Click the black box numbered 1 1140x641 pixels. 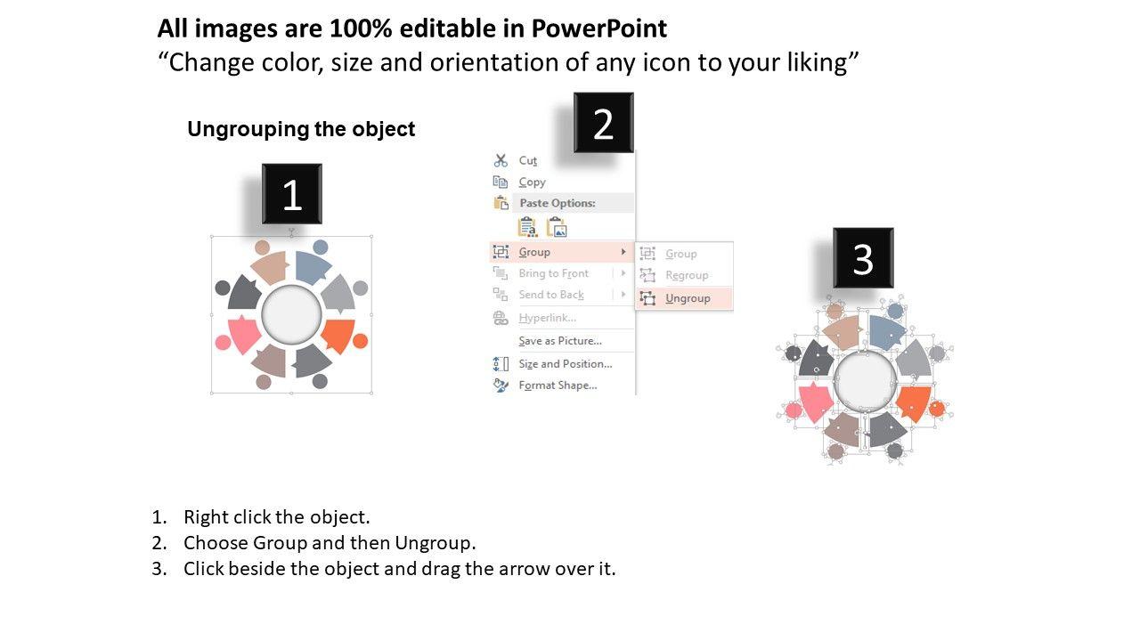pyautogui.click(x=291, y=194)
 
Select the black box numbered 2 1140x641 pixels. pyautogui.click(x=604, y=123)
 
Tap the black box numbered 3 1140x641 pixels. pyautogui.click(x=863, y=258)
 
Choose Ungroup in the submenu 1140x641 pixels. pyautogui.click(x=688, y=298)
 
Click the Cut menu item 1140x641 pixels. pyautogui.click(x=528, y=161)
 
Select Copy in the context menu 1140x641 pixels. pyautogui.click(x=532, y=183)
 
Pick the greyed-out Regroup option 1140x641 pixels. pyautogui.click(x=687, y=275)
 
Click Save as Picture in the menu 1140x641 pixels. pyautogui.click(x=560, y=341)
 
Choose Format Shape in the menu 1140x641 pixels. pyautogui.click(x=558, y=385)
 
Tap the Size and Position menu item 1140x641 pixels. pyautogui.click(x=566, y=364)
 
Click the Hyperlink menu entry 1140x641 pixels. pyautogui.click(x=547, y=318)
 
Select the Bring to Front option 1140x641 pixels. pyautogui.click(x=553, y=273)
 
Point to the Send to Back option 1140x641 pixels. pyautogui.click(x=551, y=295)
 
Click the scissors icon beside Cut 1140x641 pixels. pyautogui.click(x=501, y=161)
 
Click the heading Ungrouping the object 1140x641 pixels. pyautogui.click(x=301, y=129)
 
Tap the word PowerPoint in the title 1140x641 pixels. pyautogui.click(x=599, y=28)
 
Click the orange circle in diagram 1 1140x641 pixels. pyautogui.click(x=361, y=341)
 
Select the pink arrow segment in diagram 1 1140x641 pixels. pyautogui.click(x=243, y=334)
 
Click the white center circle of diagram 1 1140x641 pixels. pyautogui.click(x=291, y=315)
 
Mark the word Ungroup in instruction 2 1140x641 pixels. pyautogui.click(x=433, y=543)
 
